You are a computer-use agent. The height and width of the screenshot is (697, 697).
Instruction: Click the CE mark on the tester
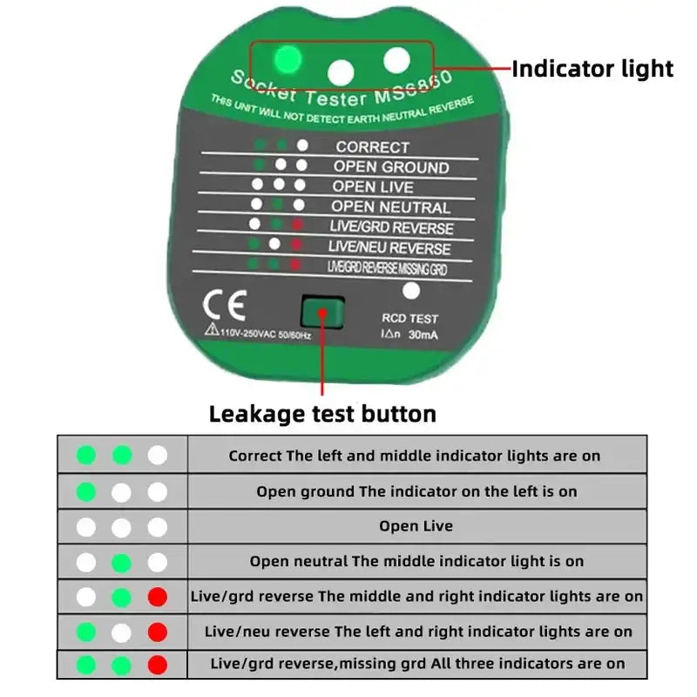(x=224, y=307)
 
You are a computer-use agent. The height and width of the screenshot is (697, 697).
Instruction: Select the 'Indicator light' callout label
(x=592, y=69)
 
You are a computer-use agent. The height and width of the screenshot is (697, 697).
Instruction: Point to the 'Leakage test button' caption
(x=322, y=413)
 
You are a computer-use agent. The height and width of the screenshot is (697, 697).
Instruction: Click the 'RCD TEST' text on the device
(x=409, y=319)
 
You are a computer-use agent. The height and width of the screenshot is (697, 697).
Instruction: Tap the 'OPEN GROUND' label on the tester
(x=391, y=166)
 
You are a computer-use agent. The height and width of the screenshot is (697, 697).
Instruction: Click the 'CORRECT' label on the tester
(x=372, y=147)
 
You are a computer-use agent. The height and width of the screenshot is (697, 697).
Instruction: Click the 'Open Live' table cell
(x=416, y=526)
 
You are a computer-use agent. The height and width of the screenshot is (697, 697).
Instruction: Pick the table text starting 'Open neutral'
(x=416, y=561)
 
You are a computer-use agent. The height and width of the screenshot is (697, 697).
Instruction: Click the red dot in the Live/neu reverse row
(x=157, y=633)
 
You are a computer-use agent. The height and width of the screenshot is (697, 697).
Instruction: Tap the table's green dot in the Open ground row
(x=86, y=491)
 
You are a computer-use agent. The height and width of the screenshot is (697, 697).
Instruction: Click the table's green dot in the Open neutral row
(x=122, y=562)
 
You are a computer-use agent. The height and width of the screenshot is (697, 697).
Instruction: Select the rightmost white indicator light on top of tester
(x=396, y=60)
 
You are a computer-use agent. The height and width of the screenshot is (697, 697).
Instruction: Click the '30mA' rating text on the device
(x=423, y=335)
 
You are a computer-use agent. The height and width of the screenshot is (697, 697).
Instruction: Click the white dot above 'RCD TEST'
(x=412, y=292)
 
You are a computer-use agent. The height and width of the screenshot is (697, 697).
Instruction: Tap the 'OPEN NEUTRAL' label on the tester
(x=391, y=207)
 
